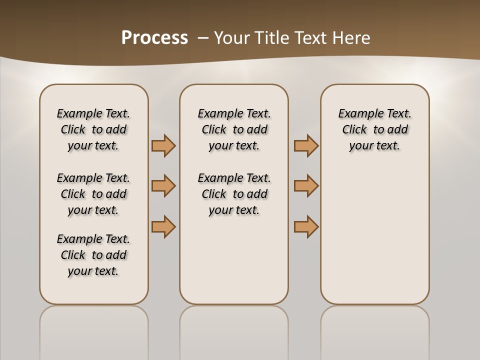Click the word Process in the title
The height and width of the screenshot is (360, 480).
click(x=154, y=37)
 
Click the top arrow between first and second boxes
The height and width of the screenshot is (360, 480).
click(x=163, y=145)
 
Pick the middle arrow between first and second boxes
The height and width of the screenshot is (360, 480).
click(x=163, y=186)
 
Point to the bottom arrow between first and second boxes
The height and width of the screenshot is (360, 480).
click(x=163, y=226)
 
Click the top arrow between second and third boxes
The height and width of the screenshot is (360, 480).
click(x=306, y=145)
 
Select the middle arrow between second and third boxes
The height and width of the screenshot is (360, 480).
click(x=306, y=186)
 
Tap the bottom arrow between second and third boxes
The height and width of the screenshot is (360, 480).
click(x=306, y=226)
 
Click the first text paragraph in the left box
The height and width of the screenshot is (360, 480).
click(x=93, y=129)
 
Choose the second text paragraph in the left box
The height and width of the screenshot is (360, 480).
click(x=93, y=194)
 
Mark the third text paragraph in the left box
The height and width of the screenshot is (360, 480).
click(x=93, y=255)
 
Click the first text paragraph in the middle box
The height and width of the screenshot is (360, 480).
click(x=234, y=129)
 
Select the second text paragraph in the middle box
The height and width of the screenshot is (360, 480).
click(x=234, y=194)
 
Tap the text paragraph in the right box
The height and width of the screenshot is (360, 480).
click(x=375, y=129)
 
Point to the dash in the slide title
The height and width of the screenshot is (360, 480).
click(x=203, y=38)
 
